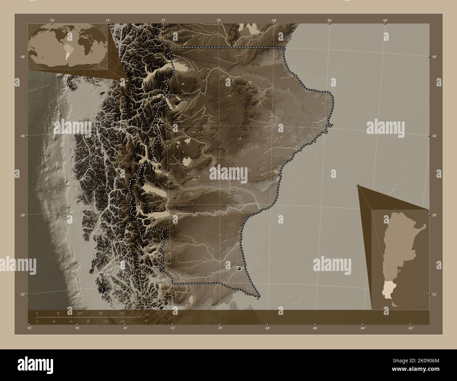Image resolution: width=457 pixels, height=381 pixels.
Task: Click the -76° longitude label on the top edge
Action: pyautogui.click(x=52, y=21)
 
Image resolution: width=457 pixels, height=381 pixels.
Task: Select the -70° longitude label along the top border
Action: pyautogui.click(x=219, y=21)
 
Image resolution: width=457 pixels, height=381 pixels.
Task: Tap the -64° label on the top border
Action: pyautogui.click(x=385, y=21)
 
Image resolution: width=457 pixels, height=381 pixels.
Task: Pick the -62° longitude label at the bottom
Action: pyautogui.click(x=410, y=328)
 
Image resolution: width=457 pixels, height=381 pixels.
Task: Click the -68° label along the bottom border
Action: pyautogui.click(x=267, y=328)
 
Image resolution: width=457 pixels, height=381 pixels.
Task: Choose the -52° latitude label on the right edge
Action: pyautogui.click(x=435, y=295)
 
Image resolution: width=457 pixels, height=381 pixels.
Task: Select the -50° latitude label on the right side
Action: pyautogui.click(x=435, y=215)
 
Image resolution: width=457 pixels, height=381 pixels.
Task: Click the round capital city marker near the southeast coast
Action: pyautogui.click(x=239, y=269)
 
